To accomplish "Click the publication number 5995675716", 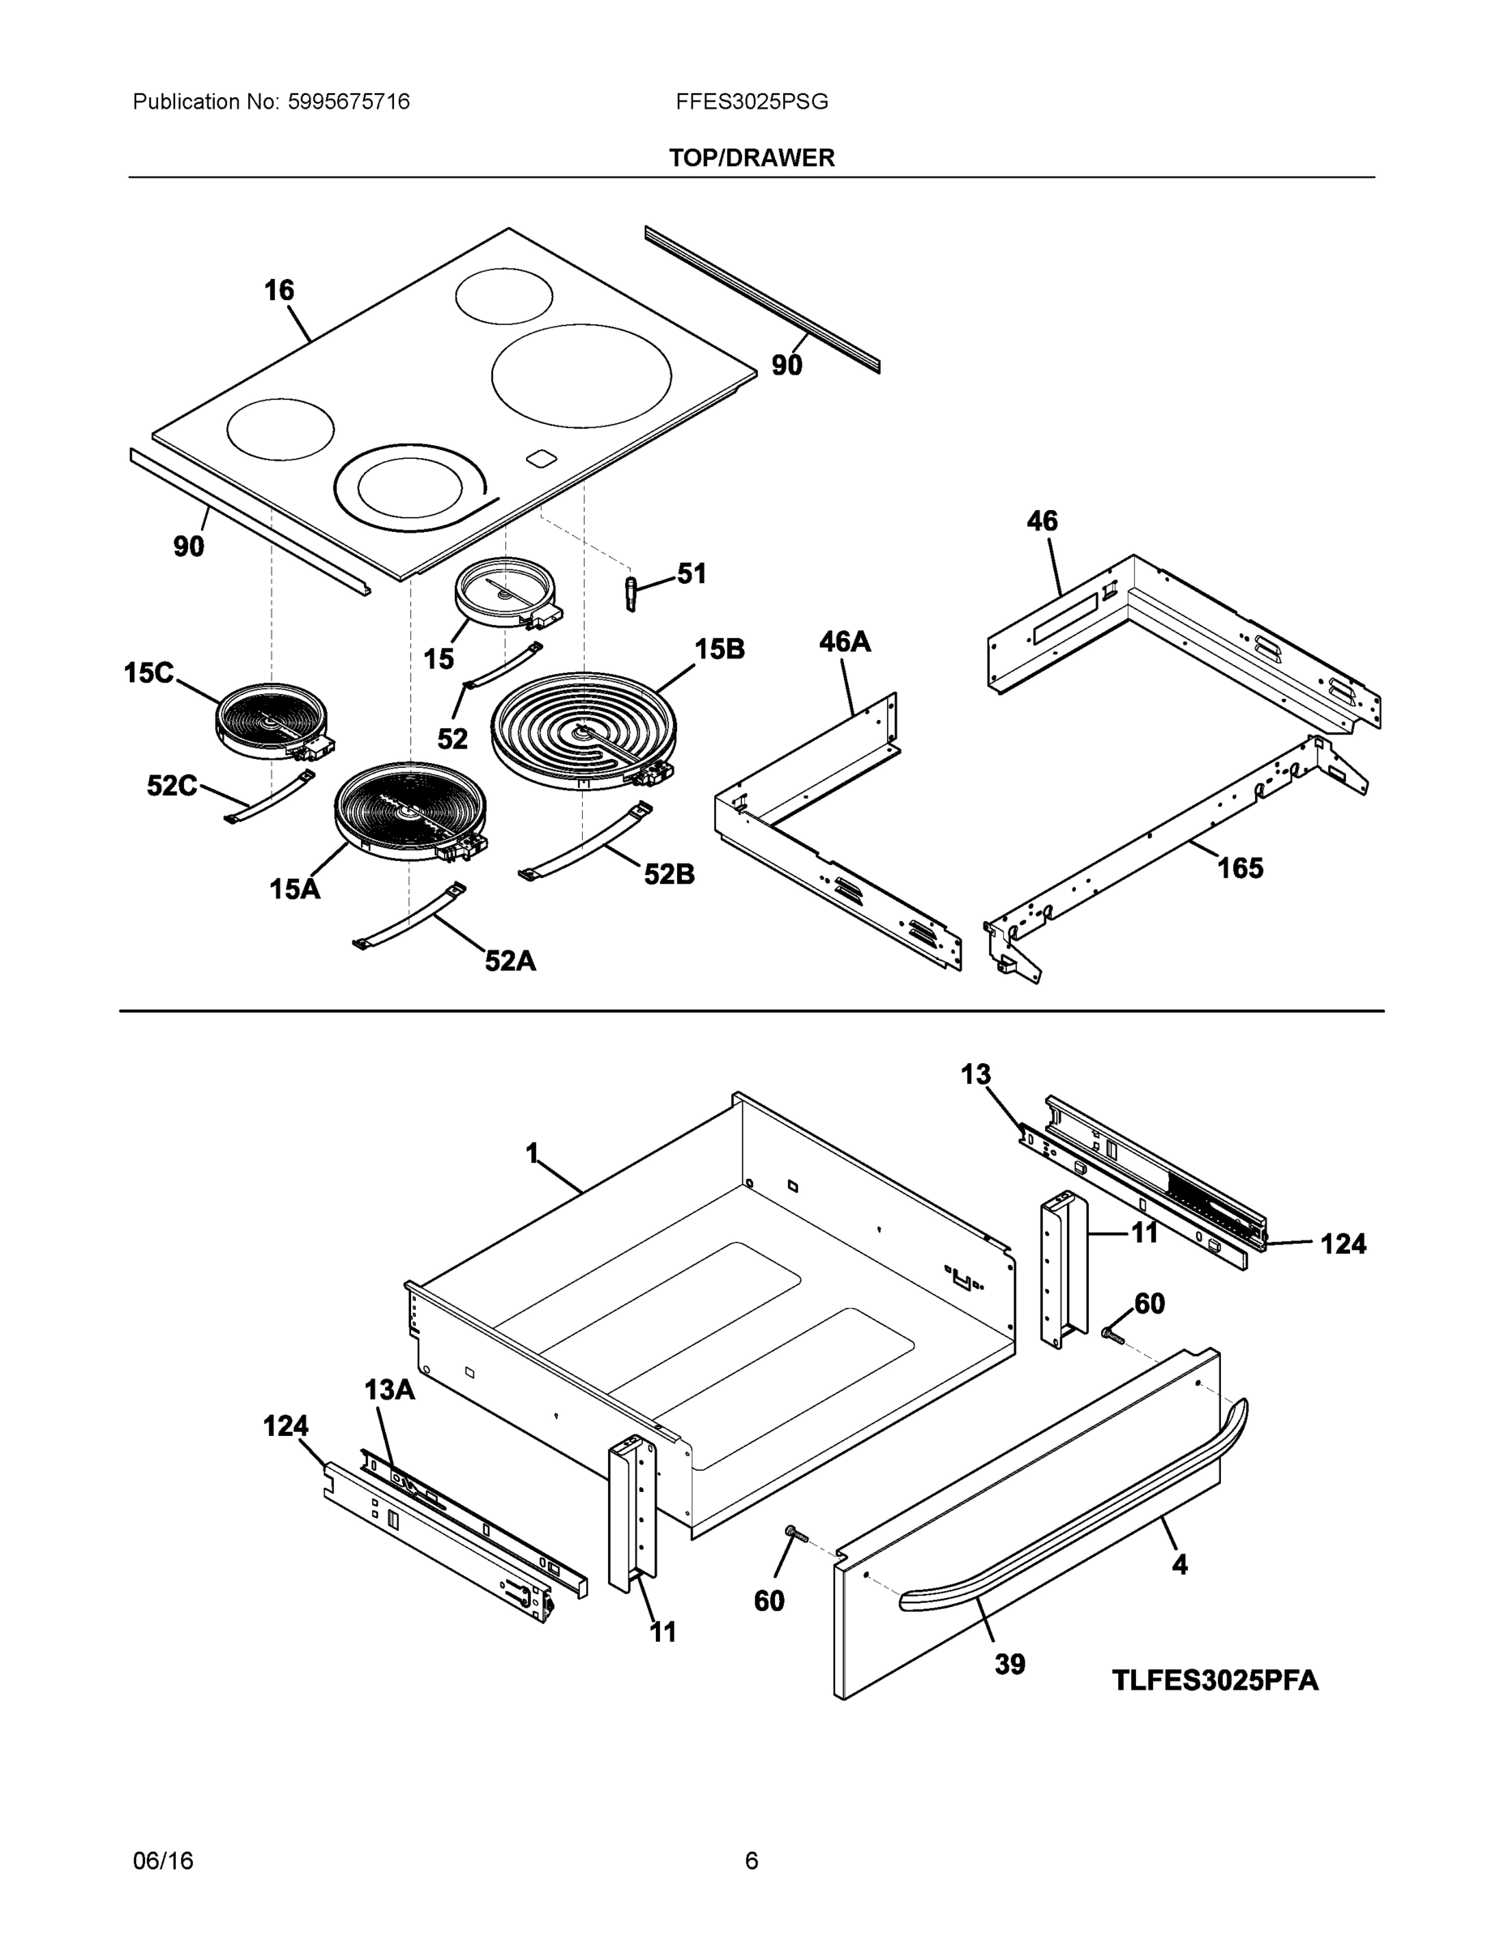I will (x=349, y=101).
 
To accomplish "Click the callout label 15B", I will (x=719, y=649).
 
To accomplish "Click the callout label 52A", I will (x=510, y=961).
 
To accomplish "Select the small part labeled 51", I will (x=632, y=593).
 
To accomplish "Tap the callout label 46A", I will (x=844, y=641).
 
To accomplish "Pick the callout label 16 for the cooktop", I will (x=278, y=289).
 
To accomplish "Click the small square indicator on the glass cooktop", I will (x=540, y=458).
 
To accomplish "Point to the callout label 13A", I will (x=388, y=1389).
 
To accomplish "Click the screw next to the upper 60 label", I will (x=1111, y=1335).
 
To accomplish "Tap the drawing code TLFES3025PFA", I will (x=1215, y=1681).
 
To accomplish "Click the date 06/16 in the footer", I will (x=163, y=1861).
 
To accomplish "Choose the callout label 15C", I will (x=149, y=673).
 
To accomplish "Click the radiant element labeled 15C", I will (x=272, y=722).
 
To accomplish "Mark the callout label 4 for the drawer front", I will (x=1179, y=1565).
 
